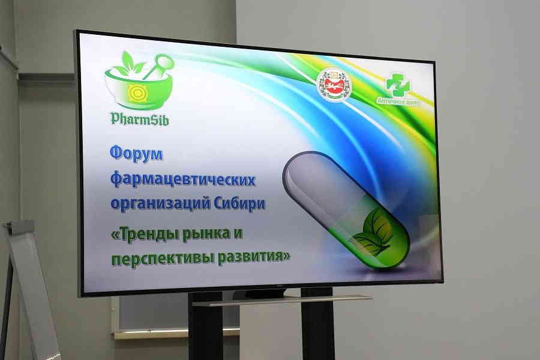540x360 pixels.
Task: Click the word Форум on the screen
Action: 136,155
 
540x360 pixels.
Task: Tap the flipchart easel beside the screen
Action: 30,288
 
